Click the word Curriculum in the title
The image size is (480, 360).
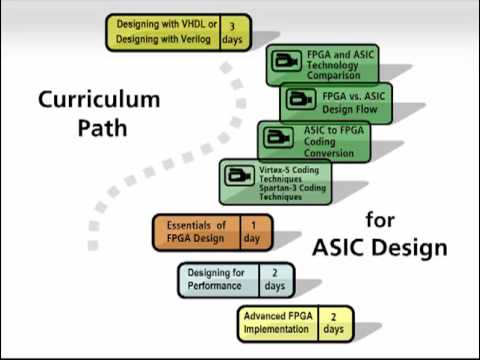click(x=99, y=99)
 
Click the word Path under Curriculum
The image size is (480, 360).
click(x=102, y=128)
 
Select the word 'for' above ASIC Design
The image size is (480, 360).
click(x=380, y=220)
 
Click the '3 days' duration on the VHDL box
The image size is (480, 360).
click(x=232, y=33)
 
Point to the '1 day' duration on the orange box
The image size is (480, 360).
click(x=252, y=232)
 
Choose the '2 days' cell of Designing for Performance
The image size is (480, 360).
click(x=275, y=280)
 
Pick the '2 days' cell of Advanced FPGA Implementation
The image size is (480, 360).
click(x=333, y=323)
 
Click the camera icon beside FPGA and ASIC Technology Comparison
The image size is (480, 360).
click(x=286, y=61)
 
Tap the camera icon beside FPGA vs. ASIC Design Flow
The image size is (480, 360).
click(x=300, y=99)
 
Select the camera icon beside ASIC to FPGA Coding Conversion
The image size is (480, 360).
click(x=278, y=137)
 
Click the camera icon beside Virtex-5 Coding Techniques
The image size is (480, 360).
click(x=239, y=175)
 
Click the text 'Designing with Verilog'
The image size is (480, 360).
click(x=163, y=39)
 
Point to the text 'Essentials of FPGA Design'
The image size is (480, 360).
click(x=196, y=232)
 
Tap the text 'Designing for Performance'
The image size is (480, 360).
click(x=216, y=279)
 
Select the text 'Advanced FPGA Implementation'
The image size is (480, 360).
click(x=278, y=322)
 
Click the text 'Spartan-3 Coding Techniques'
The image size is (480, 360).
click(x=292, y=192)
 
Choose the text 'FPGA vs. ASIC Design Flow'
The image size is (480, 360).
click(x=353, y=103)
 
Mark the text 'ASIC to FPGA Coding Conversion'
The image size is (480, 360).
click(x=333, y=141)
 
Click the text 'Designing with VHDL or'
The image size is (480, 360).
click(x=167, y=24)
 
